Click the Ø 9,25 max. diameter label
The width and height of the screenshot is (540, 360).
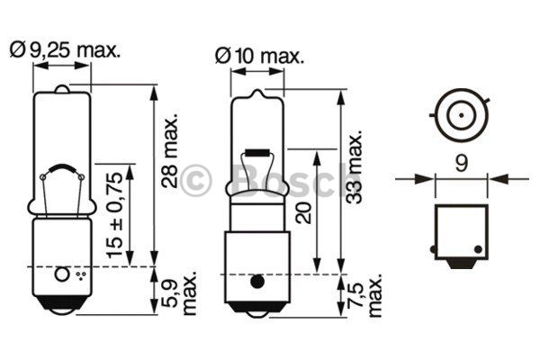pyautogui.click(x=65, y=50)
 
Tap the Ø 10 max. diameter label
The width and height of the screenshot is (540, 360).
pyautogui.click(x=260, y=56)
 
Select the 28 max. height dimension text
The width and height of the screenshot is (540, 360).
pyautogui.click(x=170, y=150)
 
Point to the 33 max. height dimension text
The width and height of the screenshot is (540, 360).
pyautogui.click(x=355, y=166)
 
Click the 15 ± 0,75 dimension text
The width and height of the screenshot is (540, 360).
pyautogui.click(x=114, y=215)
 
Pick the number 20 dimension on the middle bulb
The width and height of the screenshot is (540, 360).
pyautogui.click(x=304, y=212)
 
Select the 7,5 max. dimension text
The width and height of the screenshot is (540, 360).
pyautogui.click(x=365, y=295)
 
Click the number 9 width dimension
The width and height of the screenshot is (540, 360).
pyautogui.click(x=462, y=163)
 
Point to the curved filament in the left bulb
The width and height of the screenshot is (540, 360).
pyautogui.click(x=62, y=169)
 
